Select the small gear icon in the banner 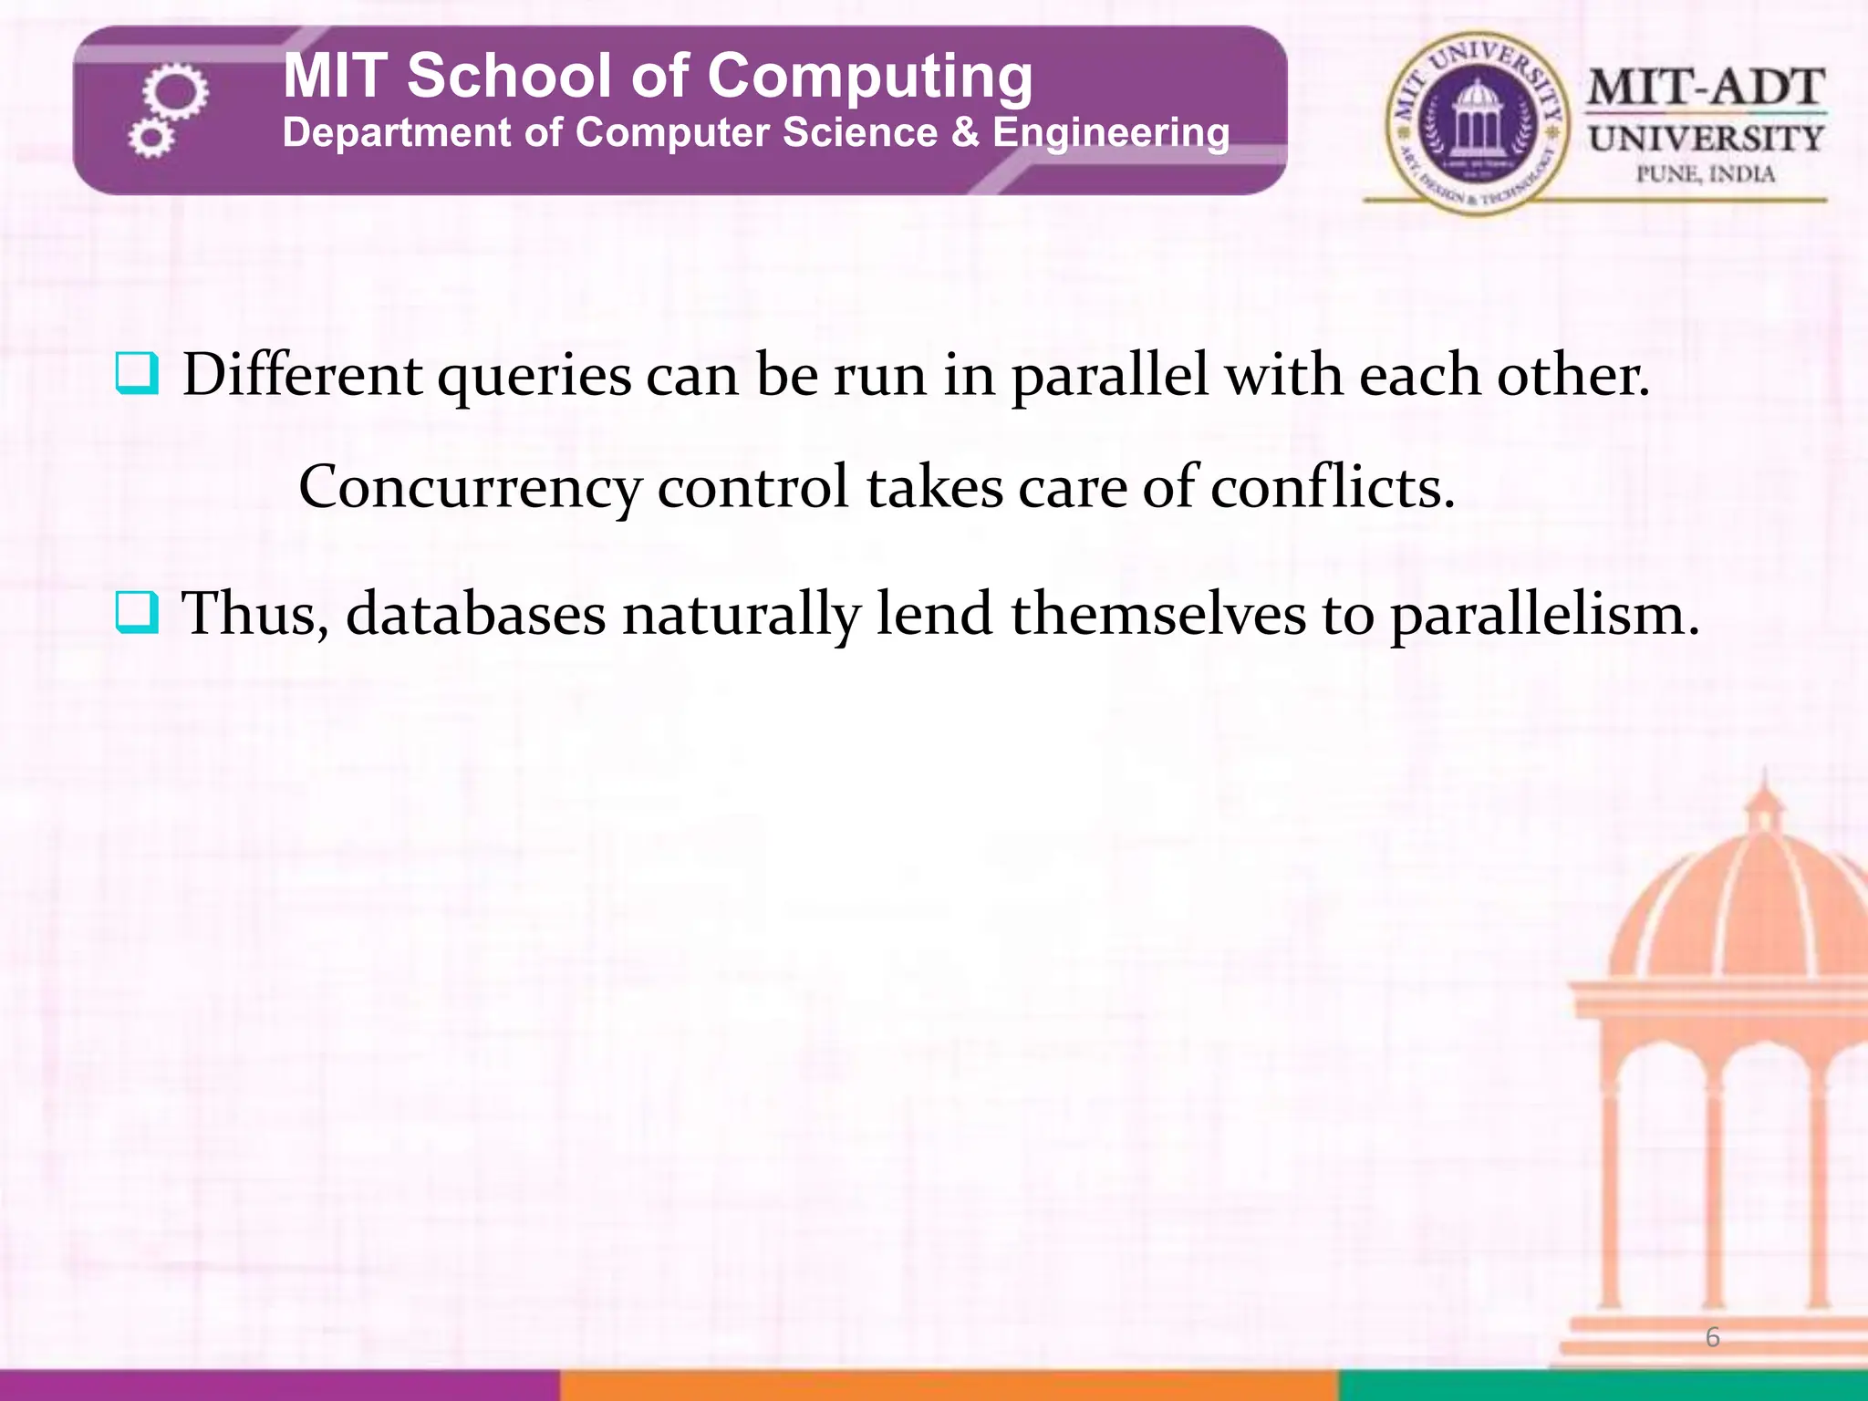(150, 139)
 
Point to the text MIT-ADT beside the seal (1706, 88)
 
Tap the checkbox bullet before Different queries (137, 375)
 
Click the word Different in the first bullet (302, 375)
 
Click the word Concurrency (470, 488)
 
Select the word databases (475, 614)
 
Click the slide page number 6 (1712, 1338)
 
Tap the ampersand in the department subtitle (964, 133)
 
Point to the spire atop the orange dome (1766, 789)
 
